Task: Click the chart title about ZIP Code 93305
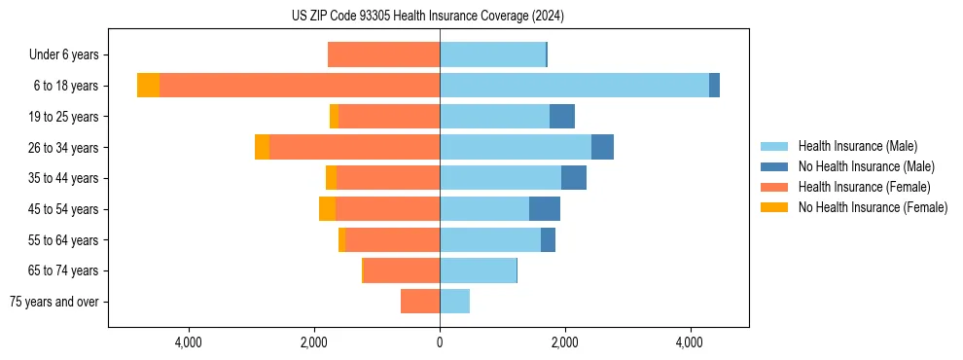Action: [428, 16]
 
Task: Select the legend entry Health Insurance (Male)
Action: [857, 146]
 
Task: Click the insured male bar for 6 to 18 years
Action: [574, 86]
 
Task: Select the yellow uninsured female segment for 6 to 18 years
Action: [148, 86]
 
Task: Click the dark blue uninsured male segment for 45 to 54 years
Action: [545, 209]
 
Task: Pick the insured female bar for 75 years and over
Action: [420, 302]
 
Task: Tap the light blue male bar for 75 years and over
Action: [454, 302]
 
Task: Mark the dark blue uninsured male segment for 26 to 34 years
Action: [602, 147]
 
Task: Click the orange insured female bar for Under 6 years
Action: [383, 55]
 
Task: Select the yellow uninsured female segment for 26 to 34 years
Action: [262, 147]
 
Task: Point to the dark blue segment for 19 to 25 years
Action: [562, 117]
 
